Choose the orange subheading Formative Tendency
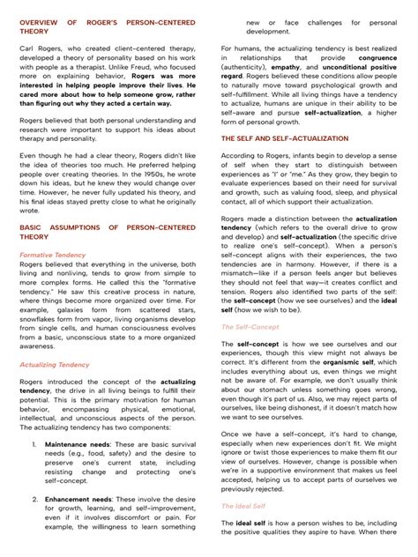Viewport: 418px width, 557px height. tap(53, 255)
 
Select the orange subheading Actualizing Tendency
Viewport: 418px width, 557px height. tap(55, 363)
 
